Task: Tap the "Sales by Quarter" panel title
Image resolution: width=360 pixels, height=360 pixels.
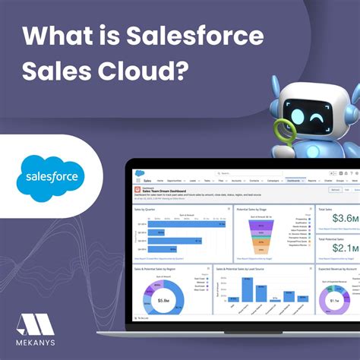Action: click(144, 207)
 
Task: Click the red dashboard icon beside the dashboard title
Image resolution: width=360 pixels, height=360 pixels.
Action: click(137, 189)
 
